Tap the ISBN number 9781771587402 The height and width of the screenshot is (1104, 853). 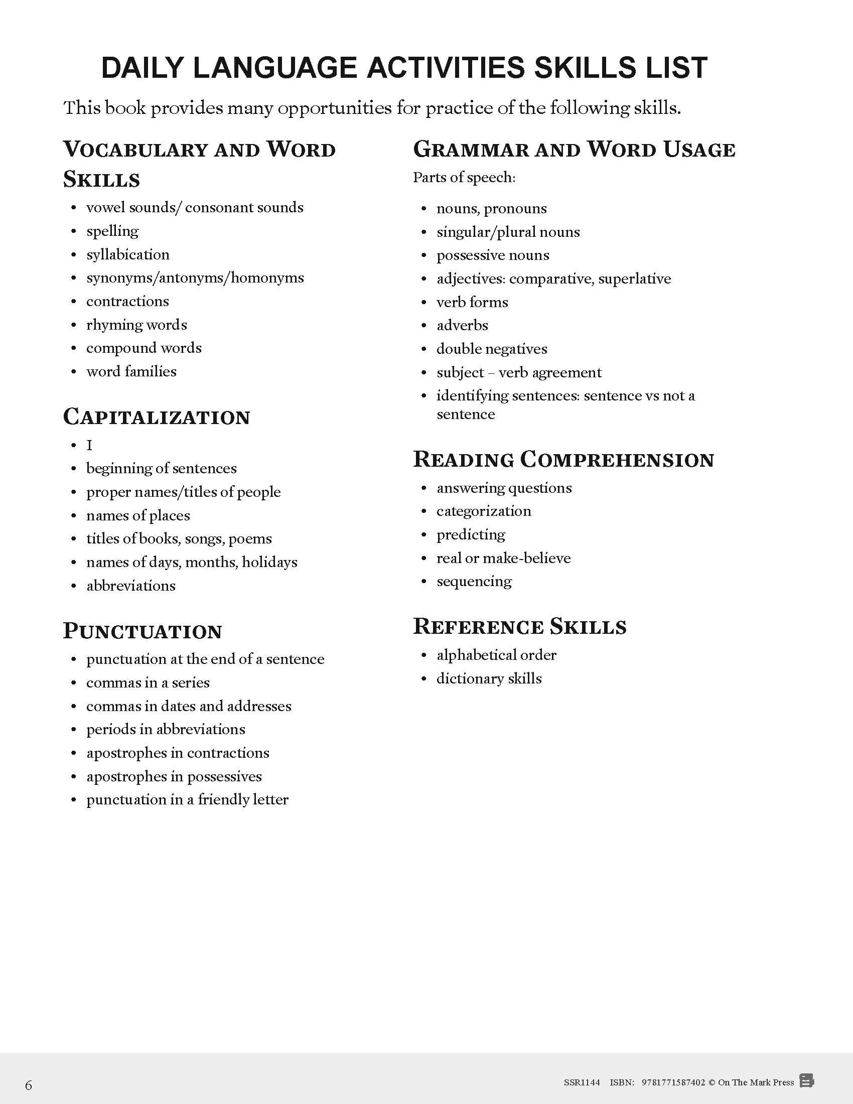click(x=673, y=1082)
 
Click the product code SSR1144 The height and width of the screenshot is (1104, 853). click(x=582, y=1082)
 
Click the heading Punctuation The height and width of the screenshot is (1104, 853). click(x=143, y=631)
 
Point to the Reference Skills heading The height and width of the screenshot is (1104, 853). click(x=519, y=626)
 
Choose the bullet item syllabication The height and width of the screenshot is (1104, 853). click(x=128, y=254)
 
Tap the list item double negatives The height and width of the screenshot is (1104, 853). click(x=492, y=349)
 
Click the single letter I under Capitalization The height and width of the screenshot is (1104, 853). click(x=89, y=445)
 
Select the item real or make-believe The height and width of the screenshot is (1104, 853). click(x=503, y=558)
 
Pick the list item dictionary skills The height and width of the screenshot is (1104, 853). click(x=489, y=678)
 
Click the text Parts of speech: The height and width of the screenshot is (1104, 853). click(x=464, y=178)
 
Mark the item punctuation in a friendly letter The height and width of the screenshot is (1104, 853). click(x=187, y=800)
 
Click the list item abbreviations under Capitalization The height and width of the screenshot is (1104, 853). click(x=131, y=586)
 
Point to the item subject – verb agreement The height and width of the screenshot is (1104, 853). click(x=519, y=372)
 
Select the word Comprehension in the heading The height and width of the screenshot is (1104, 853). click(x=617, y=460)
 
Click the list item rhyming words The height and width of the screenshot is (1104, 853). click(x=136, y=325)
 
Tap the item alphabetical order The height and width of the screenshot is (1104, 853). click(x=496, y=655)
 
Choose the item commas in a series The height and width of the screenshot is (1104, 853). click(x=148, y=682)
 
